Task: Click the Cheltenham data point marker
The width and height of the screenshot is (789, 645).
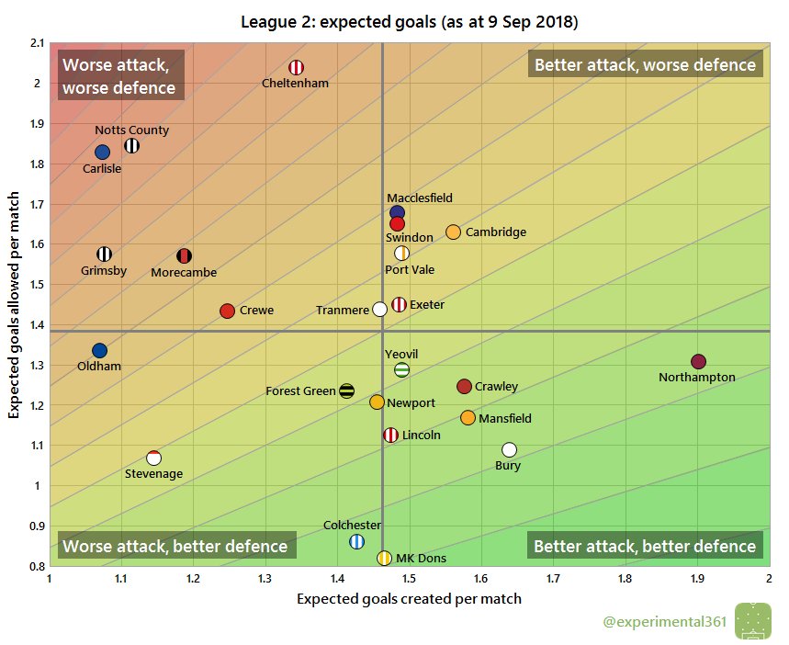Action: [297, 67]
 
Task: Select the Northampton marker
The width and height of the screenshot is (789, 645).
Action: [698, 361]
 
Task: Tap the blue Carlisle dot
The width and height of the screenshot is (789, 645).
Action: [102, 152]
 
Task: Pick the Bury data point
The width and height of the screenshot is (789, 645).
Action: [509, 449]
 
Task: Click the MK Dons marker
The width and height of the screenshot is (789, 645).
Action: [384, 558]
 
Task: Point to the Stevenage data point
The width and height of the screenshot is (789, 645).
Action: [153, 458]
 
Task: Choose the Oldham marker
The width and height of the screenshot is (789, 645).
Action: [99, 350]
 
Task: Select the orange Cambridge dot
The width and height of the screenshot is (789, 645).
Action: [453, 232]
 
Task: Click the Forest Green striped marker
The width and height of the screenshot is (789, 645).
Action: [346, 390]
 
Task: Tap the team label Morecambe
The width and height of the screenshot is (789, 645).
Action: [184, 272]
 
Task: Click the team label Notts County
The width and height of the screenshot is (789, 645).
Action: [131, 130]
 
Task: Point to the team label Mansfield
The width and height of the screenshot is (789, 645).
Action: [505, 419]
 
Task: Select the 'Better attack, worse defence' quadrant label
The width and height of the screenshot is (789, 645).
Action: [645, 64]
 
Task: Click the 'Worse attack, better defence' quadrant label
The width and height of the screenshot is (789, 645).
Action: [175, 546]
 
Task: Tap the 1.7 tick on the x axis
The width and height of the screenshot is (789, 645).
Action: [553, 579]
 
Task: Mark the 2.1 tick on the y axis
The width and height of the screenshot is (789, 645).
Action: [36, 43]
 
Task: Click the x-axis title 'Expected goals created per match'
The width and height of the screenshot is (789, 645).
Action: [409, 599]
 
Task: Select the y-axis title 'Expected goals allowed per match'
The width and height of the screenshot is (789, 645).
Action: [15, 304]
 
